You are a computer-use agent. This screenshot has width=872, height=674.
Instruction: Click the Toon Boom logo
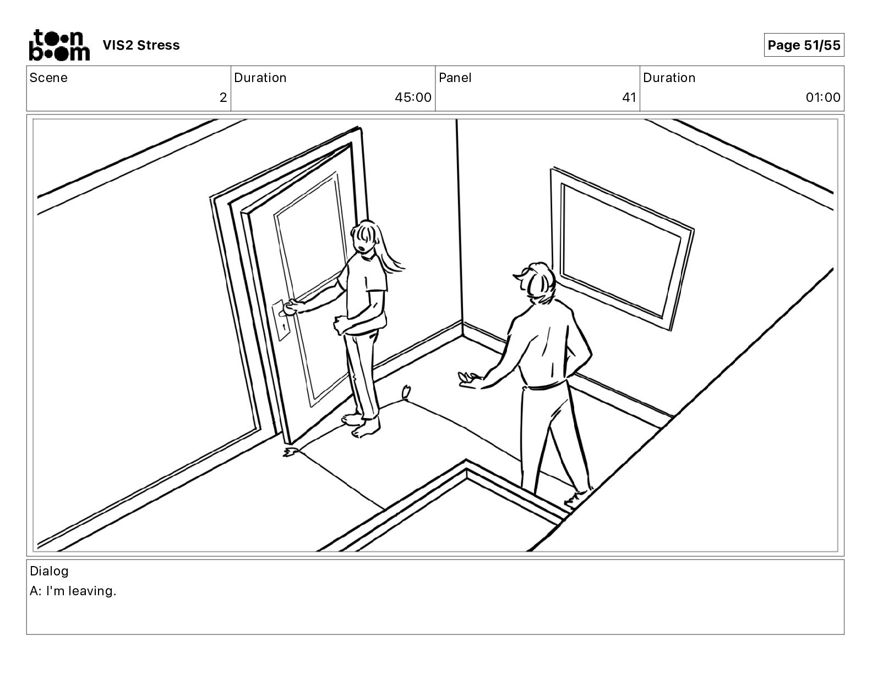[x=59, y=45]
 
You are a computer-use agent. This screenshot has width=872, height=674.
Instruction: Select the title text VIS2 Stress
[x=141, y=45]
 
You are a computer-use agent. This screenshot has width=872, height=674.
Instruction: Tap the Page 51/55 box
[x=803, y=45]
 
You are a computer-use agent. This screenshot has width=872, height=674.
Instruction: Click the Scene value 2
[x=223, y=98]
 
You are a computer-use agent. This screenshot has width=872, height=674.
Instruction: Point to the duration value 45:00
[x=413, y=98]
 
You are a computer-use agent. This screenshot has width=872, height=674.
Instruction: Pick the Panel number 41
[x=629, y=98]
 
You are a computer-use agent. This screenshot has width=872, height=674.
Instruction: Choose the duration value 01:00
[x=823, y=98]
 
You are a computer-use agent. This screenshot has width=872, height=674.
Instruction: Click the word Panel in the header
[x=455, y=78]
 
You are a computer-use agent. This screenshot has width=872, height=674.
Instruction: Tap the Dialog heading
[x=49, y=571]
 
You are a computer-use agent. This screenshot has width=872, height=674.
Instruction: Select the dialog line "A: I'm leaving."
[x=73, y=591]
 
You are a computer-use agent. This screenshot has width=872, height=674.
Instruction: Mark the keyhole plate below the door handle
[x=284, y=326]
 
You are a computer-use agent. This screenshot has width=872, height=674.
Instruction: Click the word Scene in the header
[x=48, y=78]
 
